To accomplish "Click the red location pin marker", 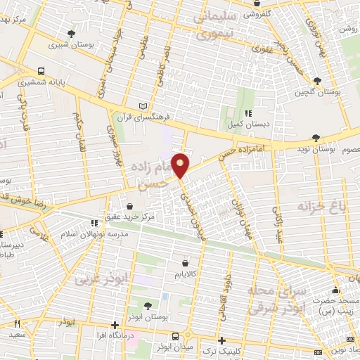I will (181, 165).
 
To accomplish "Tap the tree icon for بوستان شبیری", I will (70, 33).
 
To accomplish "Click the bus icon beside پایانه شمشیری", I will (41, 71).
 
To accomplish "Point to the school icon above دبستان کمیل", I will (247, 112).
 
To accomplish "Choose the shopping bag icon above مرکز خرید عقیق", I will (131, 206).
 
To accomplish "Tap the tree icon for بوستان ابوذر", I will (148, 306).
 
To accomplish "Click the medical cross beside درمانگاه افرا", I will (116, 325).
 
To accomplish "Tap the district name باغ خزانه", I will (313, 207).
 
